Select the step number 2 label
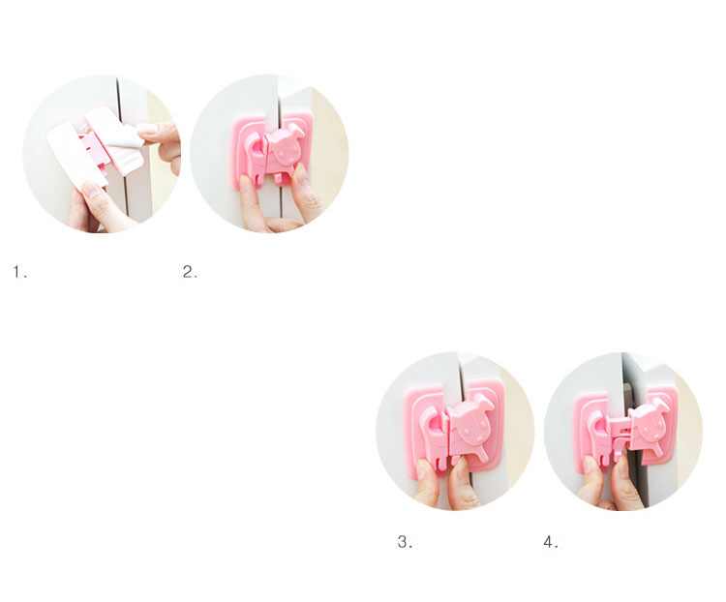pos(189,272)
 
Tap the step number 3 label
pos(405,542)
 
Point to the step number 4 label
pos(551,542)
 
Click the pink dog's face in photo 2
pos(285,149)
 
